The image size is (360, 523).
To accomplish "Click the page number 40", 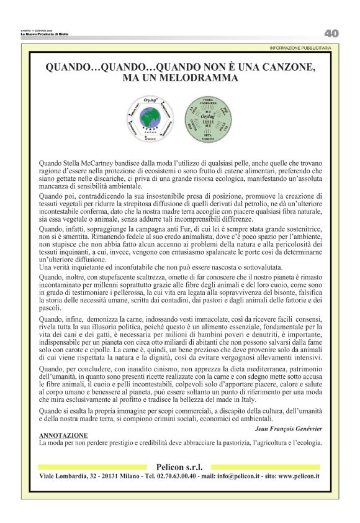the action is pos(331,33).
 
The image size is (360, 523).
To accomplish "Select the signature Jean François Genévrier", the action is pos(289,428).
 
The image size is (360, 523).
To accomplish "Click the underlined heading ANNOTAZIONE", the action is pos(63,435).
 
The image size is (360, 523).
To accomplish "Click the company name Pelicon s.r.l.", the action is pos(179,466).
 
